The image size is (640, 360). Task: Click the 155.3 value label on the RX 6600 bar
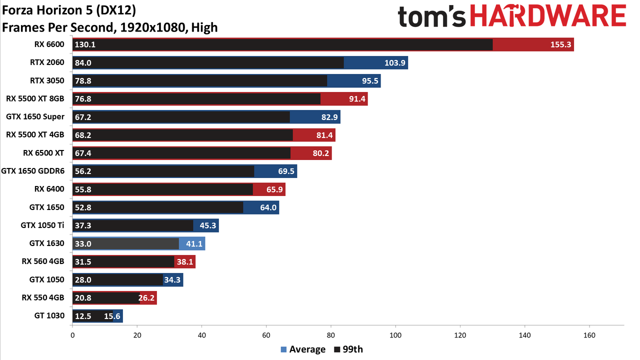560,44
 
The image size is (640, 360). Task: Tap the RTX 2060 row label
47,62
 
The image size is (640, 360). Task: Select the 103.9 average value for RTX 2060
395,62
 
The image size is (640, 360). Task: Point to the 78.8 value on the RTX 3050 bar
83,81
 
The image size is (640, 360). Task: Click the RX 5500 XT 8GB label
35,98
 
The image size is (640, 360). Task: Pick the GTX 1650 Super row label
35,117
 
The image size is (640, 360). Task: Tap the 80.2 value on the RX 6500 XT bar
321,153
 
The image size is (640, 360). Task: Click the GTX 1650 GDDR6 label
33,171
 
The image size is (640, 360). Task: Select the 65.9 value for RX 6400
274,189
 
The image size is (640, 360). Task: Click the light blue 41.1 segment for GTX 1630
192,243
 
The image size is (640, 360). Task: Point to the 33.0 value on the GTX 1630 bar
83,243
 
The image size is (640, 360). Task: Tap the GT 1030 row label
49,315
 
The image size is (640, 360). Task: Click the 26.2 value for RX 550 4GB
146,298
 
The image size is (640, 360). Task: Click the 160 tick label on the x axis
589,335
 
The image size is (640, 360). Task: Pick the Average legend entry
303,349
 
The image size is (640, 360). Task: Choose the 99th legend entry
348,349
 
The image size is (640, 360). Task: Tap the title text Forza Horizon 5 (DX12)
69,10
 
